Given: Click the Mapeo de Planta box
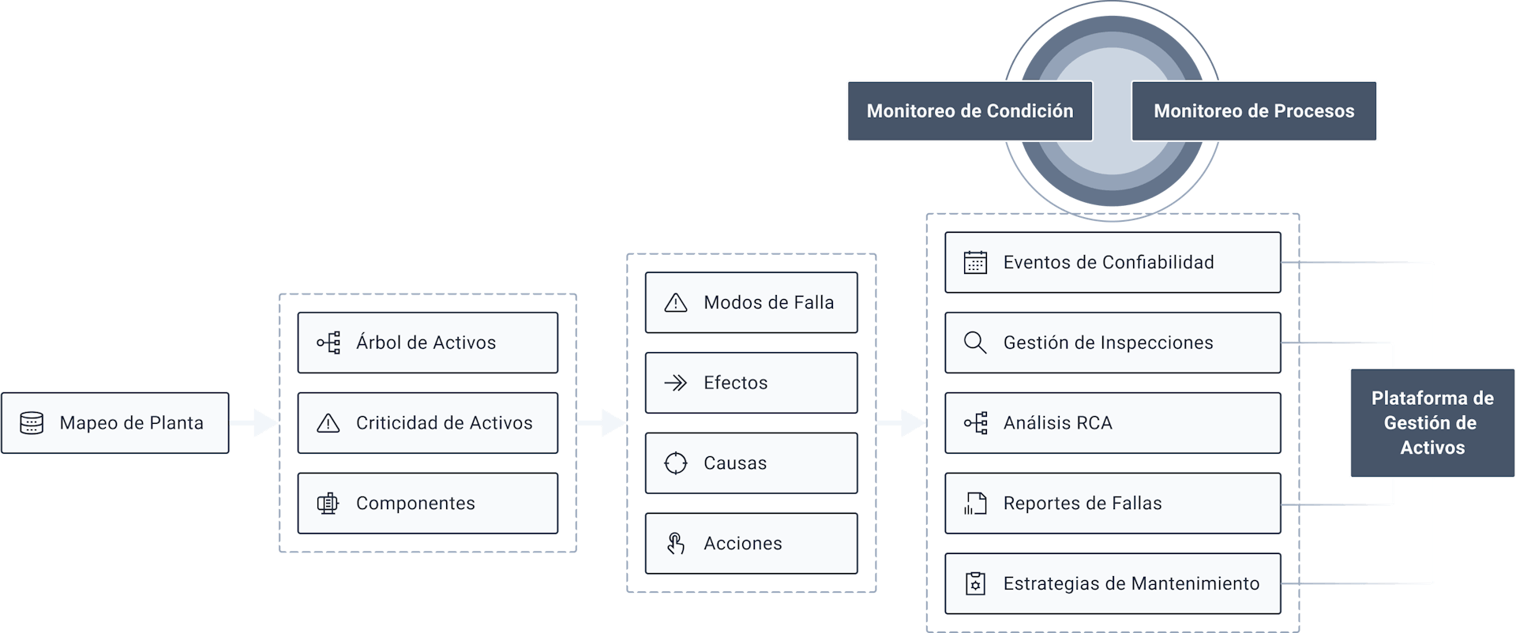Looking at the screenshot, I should (115, 423).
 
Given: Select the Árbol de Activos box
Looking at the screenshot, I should (427, 343).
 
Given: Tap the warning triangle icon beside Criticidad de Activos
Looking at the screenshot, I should (328, 424).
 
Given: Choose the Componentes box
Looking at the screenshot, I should (427, 504).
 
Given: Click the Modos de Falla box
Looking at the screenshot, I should (751, 302).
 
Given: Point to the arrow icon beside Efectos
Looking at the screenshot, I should (676, 383).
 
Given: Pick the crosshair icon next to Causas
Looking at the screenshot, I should (676, 463).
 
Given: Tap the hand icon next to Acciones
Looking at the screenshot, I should (676, 544).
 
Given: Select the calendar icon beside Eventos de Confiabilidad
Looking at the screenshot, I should (975, 263).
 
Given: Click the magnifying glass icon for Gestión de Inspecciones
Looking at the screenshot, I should (975, 343).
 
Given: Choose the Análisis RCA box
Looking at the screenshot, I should (1113, 423).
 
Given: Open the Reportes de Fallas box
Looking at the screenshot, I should (1113, 504).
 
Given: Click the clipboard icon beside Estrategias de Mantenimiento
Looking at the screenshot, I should (975, 584).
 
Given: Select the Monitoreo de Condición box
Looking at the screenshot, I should (970, 111).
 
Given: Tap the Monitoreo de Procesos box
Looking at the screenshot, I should (1254, 111).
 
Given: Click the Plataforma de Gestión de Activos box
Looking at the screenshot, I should (1432, 423).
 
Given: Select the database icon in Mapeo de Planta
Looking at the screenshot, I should (32, 423).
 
